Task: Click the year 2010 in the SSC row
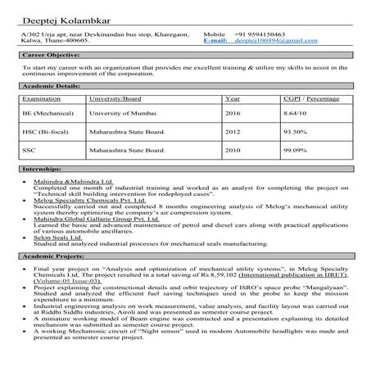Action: pyautogui.click(x=233, y=150)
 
